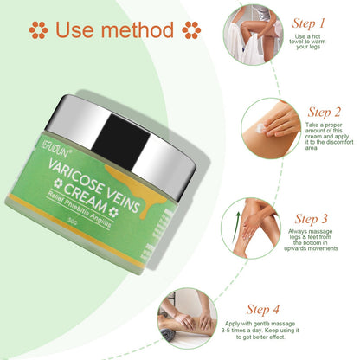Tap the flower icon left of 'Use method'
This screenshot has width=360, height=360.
point(37,30)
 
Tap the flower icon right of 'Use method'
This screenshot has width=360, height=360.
point(192,30)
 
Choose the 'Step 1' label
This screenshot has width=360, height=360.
point(309,22)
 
